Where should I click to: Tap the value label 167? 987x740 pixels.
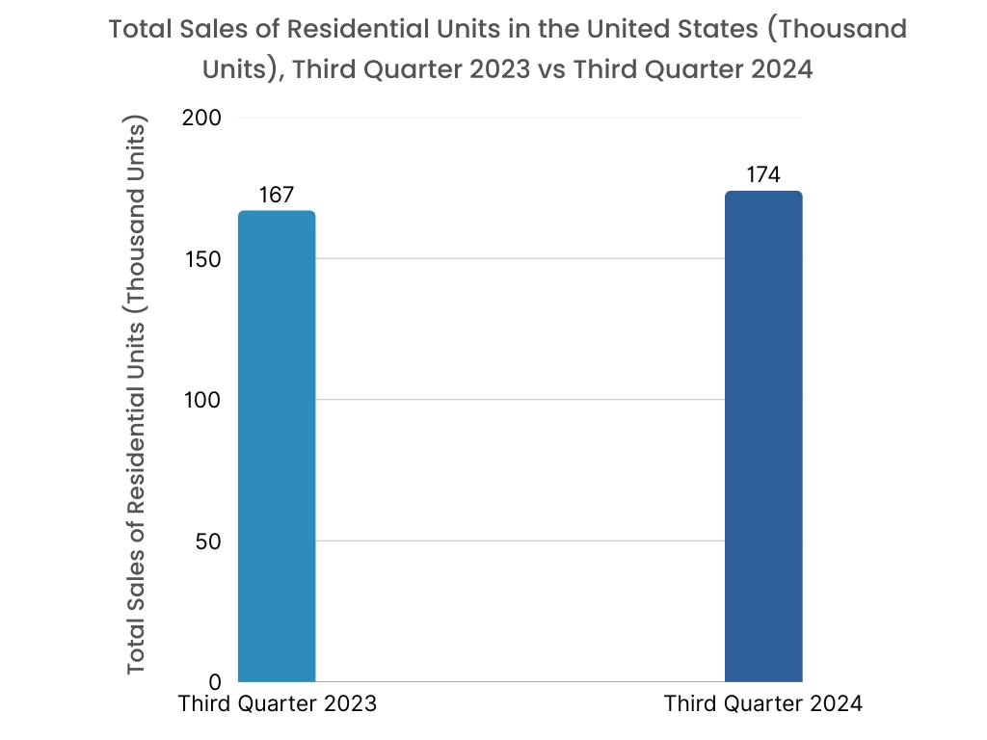pos(276,195)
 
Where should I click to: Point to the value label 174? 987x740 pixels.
pos(762,174)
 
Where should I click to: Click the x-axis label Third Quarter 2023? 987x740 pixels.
pos(277,703)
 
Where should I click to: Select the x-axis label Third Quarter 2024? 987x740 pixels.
pos(762,703)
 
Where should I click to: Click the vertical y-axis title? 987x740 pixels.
pos(137,397)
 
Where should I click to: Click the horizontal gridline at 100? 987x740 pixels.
pos(520,400)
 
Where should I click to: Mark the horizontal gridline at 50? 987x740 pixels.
pos(520,541)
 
